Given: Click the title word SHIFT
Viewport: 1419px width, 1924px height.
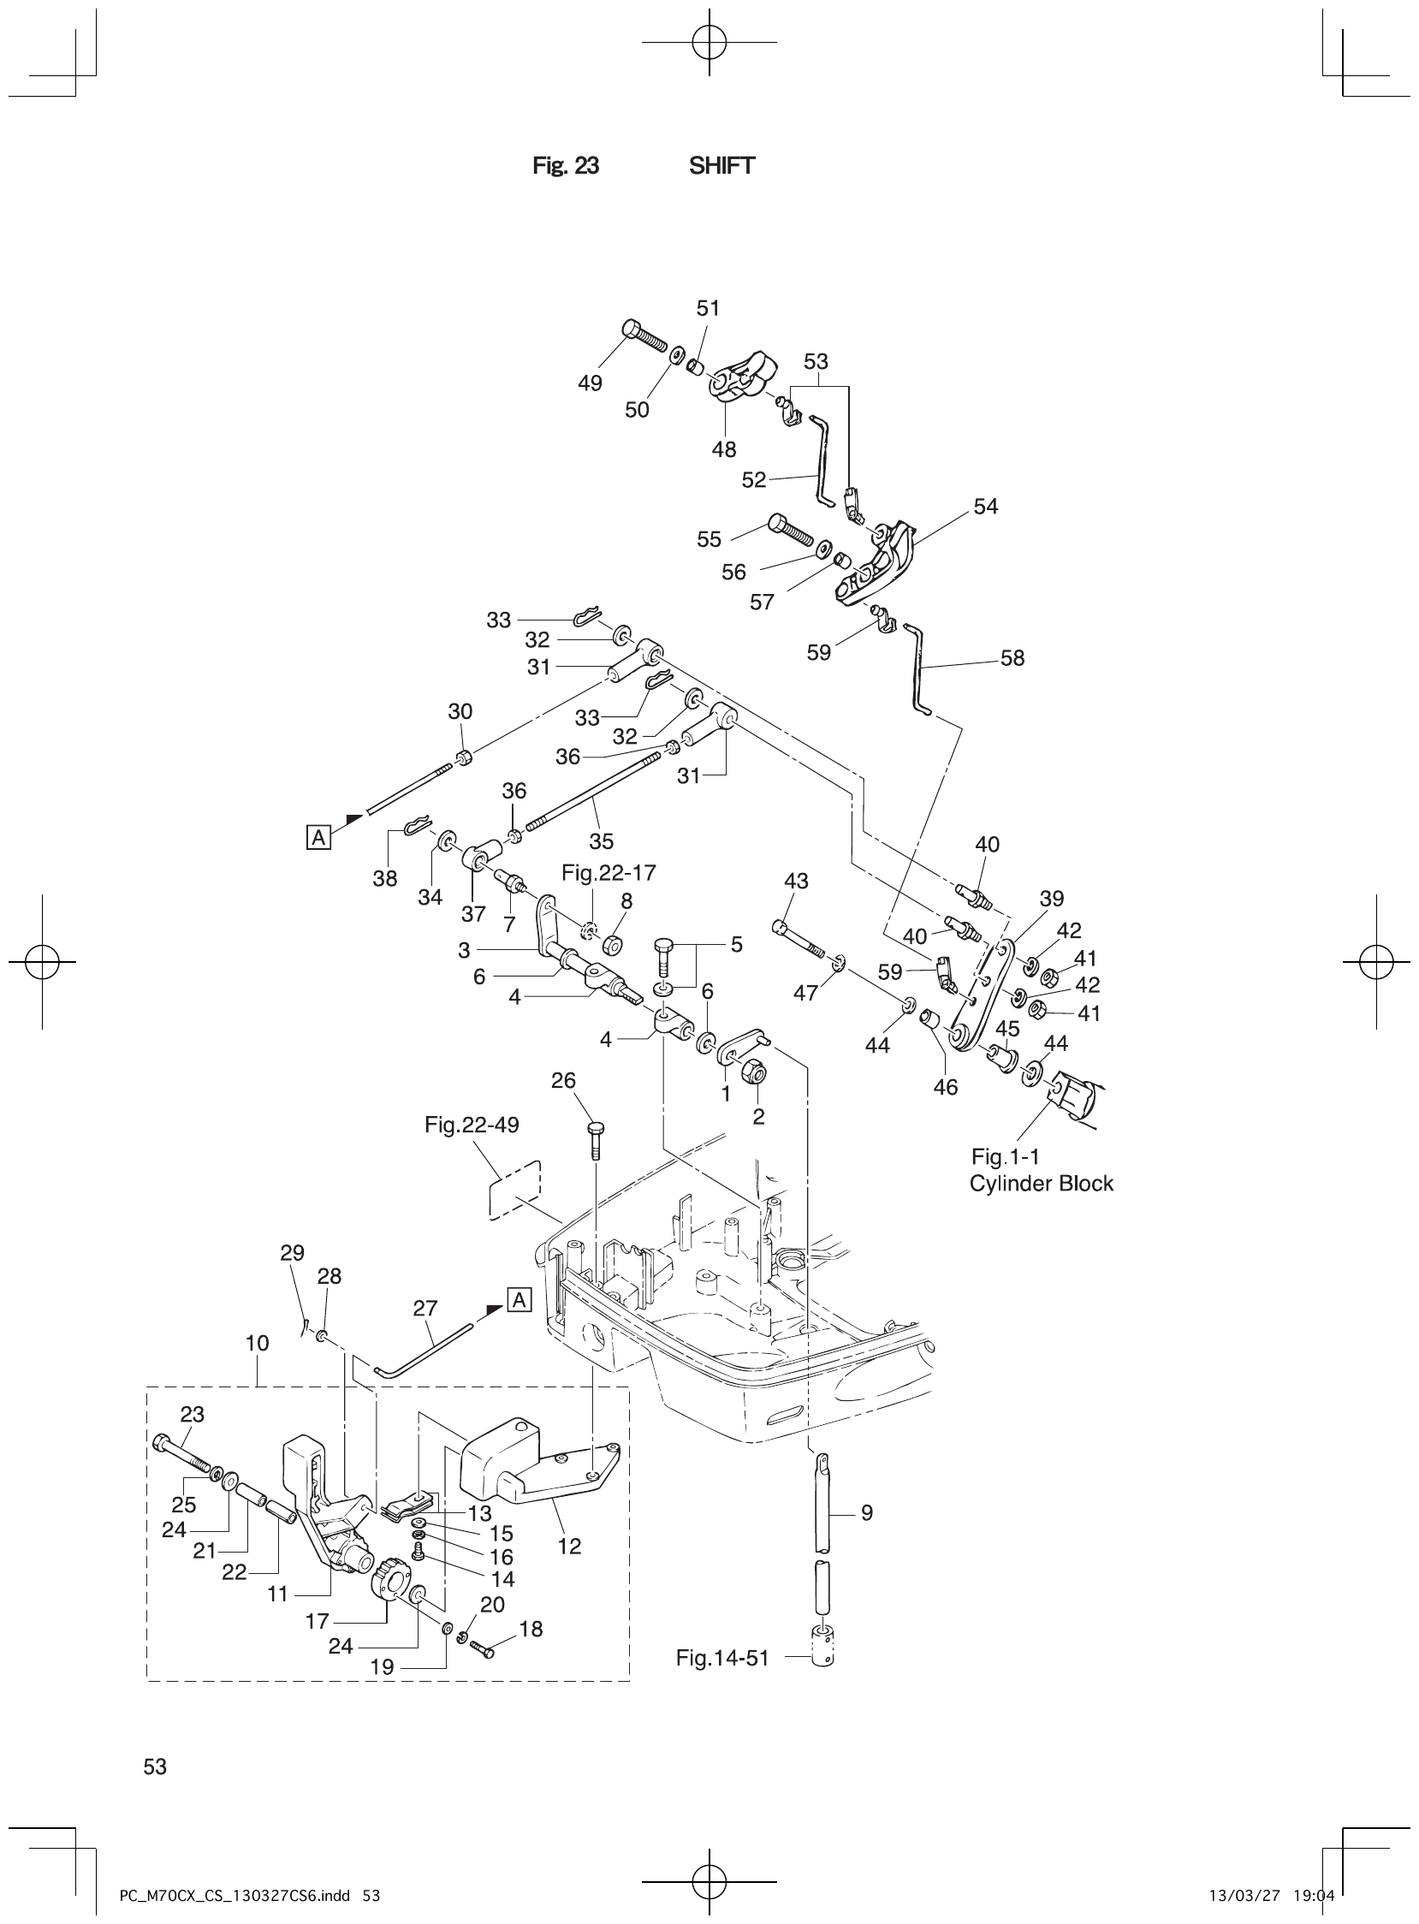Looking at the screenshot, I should pyautogui.click(x=721, y=166).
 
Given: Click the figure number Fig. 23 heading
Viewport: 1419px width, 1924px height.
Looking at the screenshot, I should pyautogui.click(x=565, y=166).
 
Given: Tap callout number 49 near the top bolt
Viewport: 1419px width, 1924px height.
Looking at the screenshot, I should pyautogui.click(x=589, y=383).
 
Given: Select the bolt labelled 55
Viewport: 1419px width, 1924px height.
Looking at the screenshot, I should pyautogui.click(x=787, y=531).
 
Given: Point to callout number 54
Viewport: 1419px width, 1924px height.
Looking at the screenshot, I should pyautogui.click(x=985, y=507).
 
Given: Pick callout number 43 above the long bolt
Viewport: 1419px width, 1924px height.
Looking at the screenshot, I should pyautogui.click(x=796, y=881).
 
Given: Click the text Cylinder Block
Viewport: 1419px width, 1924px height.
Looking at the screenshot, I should pyautogui.click(x=1040, y=1184).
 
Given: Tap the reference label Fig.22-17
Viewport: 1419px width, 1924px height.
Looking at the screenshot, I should pyautogui.click(x=609, y=873).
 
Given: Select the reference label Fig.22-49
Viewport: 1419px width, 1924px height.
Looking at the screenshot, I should pyautogui.click(x=472, y=1125).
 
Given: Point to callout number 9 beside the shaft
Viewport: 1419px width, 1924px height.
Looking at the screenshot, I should pyautogui.click(x=867, y=1536).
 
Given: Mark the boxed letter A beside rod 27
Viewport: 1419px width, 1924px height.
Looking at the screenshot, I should pyautogui.click(x=520, y=1301).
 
